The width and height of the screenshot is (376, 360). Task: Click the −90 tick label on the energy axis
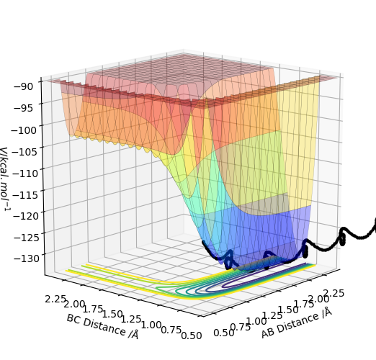pos(24,86)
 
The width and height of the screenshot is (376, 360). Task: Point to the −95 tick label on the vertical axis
pos(24,108)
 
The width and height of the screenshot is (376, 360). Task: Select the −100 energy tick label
pos(24,130)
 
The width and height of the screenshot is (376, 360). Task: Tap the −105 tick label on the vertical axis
pos(24,152)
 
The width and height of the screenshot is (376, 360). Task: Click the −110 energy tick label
pos(25,173)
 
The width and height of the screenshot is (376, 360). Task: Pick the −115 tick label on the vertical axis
pos(25,194)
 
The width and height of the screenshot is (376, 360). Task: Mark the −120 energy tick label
pos(26,216)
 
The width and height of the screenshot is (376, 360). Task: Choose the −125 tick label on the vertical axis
pos(26,238)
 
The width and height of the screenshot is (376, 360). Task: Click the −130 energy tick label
pos(26,258)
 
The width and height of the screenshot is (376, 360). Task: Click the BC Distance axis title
pos(102,327)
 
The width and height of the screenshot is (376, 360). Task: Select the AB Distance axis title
pos(297,323)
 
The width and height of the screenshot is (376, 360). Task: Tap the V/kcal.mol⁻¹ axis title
pos(5,179)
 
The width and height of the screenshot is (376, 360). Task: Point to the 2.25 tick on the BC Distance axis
pos(55,299)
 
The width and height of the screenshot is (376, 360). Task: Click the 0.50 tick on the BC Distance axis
pos(192,336)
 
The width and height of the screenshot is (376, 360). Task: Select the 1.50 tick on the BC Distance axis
pos(112,314)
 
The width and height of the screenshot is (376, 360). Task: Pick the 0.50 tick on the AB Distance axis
pos(224,333)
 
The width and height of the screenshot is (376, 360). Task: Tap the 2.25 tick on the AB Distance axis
pos(334,293)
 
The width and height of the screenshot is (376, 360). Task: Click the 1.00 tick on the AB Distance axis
pos(256,321)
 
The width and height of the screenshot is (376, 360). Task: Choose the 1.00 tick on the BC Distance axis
pos(151,325)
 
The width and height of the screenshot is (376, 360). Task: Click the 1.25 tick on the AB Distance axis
pos(272,315)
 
